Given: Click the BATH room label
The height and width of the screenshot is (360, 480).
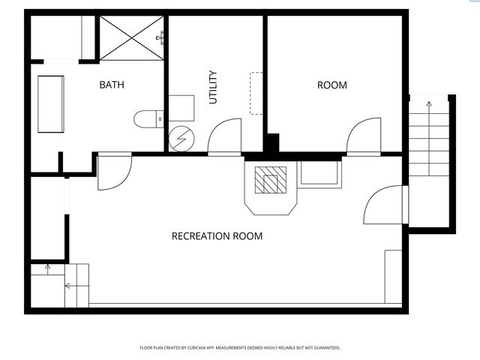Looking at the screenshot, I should click(112, 85).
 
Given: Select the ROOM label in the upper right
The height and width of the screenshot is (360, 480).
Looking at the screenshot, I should click(332, 85).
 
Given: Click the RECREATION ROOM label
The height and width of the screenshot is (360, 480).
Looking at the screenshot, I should click(217, 236).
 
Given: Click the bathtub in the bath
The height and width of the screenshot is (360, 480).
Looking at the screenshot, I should click(51, 104).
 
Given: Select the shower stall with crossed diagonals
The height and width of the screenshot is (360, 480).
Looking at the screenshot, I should click(132, 38).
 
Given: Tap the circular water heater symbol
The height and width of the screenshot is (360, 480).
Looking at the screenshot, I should click(181, 139).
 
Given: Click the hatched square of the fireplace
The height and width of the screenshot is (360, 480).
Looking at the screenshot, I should click(270, 180).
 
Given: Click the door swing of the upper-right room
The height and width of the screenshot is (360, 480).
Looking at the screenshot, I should click(363, 137).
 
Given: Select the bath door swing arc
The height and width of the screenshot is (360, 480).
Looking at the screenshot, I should click(115, 172).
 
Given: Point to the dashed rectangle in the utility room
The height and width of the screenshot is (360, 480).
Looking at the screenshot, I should click(256, 93).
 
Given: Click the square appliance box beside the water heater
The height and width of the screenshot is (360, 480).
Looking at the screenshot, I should click(181, 108).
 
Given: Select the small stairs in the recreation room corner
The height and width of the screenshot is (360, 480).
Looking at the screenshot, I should click(60, 284).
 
